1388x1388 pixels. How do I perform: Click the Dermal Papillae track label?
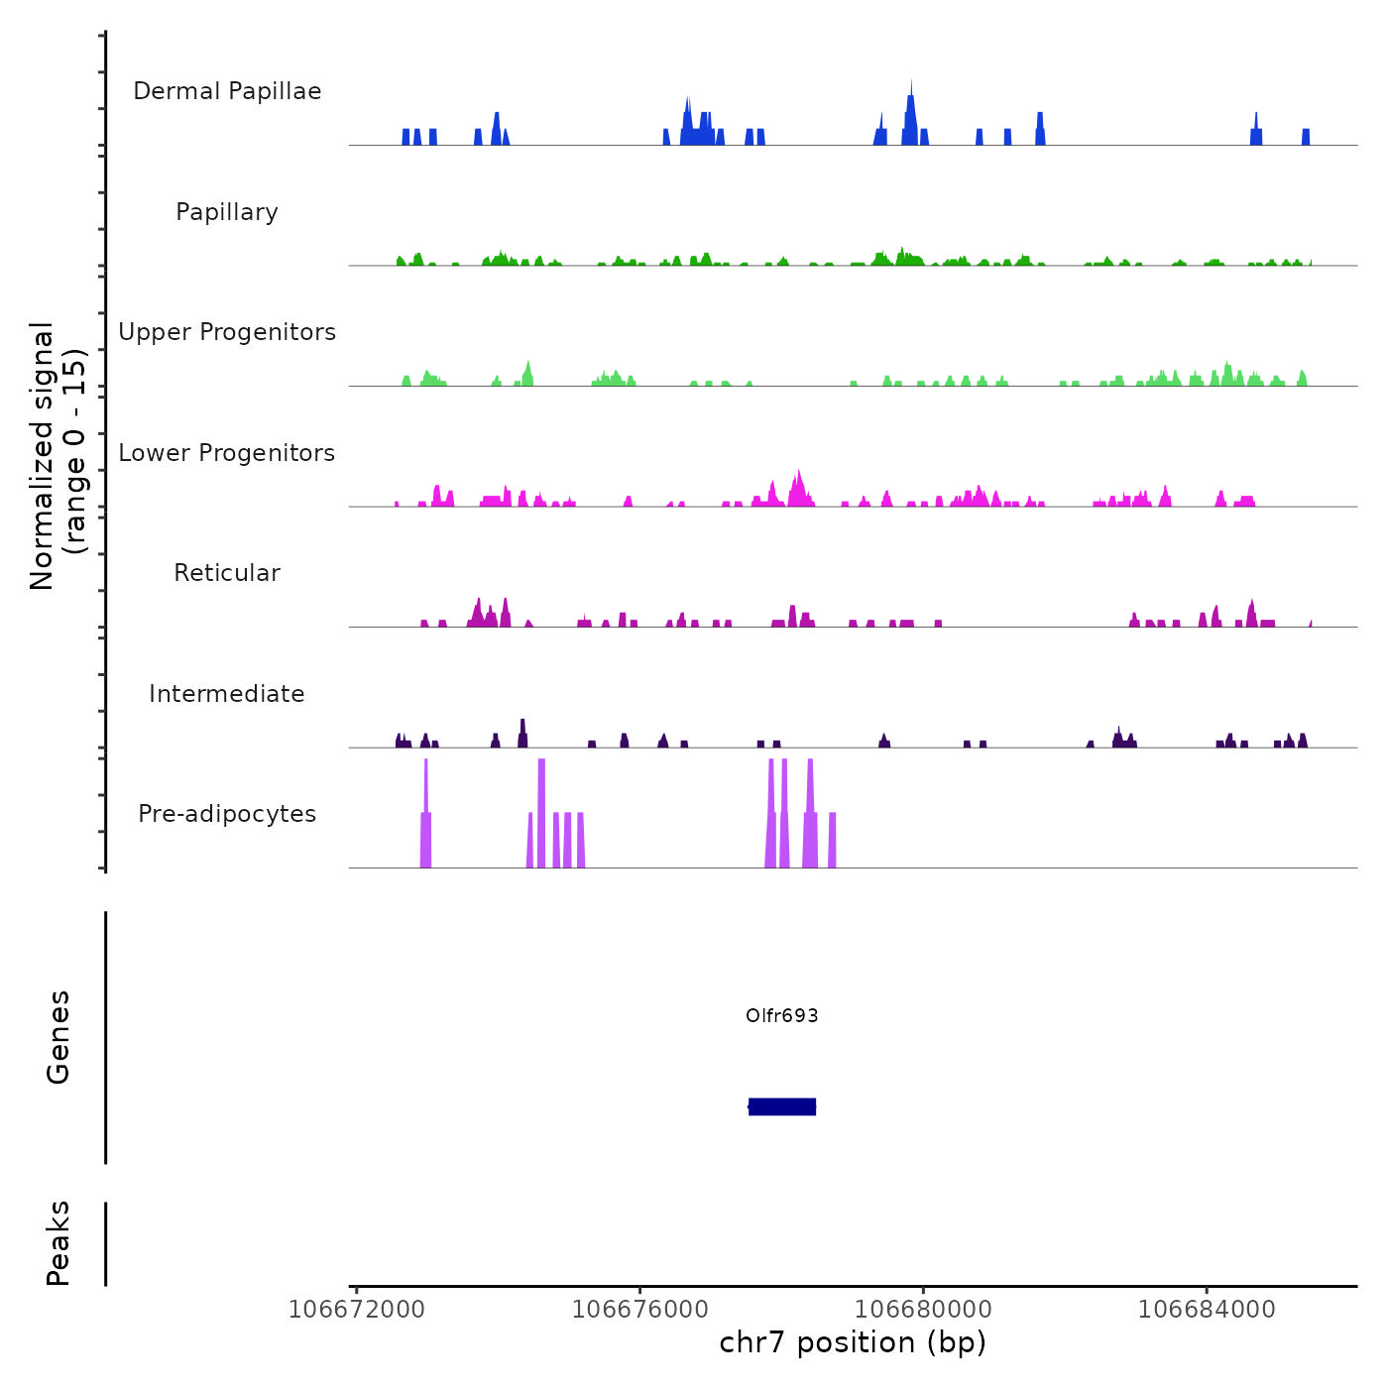[x=227, y=91]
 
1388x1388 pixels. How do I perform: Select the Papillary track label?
[x=227, y=212]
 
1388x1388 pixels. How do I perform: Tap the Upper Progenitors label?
[x=227, y=332]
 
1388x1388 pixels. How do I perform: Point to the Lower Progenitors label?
[x=227, y=453]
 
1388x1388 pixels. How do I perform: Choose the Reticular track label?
[x=227, y=573]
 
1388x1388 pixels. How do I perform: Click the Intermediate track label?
[x=227, y=694]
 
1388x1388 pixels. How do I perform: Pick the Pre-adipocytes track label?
[x=227, y=814]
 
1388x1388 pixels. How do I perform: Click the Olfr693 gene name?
[x=782, y=1015]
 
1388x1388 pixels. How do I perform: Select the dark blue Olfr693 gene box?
[x=782, y=1106]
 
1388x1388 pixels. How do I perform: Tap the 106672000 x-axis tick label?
[x=357, y=1310]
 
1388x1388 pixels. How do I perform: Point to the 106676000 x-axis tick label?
[x=640, y=1310]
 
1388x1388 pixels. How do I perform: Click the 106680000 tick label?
[x=923, y=1310]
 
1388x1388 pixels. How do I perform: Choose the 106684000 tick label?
[x=1207, y=1310]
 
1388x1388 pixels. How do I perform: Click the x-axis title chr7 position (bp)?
[x=853, y=1343]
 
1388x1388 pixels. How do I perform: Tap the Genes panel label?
[x=58, y=1037]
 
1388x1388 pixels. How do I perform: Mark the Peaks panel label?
[x=58, y=1243]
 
